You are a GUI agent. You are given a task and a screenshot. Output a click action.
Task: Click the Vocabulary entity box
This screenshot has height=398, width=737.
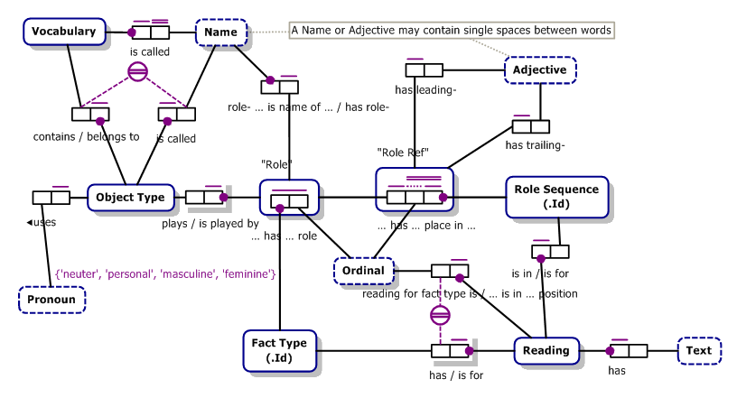tap(63, 32)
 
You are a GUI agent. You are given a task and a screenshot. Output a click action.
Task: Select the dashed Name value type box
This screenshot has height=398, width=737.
tap(220, 33)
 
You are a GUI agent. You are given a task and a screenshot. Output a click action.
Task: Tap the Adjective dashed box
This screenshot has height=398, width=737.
tap(539, 69)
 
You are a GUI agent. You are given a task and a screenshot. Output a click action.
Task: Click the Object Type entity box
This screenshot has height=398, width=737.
tap(130, 197)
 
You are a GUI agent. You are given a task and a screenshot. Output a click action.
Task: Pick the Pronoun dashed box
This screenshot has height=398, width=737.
tap(51, 299)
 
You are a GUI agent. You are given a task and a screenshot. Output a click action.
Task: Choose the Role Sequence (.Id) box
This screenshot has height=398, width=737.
tap(555, 196)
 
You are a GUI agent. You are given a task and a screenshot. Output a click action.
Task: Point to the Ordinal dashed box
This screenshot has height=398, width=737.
tap(364, 270)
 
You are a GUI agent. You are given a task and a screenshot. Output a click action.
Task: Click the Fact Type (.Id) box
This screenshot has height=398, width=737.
tap(279, 349)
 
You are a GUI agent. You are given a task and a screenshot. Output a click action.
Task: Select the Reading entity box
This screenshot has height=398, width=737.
tap(546, 350)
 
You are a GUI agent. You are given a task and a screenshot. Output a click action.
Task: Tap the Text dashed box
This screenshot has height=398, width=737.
tap(698, 350)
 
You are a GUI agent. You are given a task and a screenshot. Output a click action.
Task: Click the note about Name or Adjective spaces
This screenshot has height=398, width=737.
tap(452, 31)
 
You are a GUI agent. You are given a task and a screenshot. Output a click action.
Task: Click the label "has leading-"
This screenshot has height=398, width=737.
tap(425, 89)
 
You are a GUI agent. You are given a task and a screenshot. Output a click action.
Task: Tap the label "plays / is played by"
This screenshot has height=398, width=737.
tap(210, 223)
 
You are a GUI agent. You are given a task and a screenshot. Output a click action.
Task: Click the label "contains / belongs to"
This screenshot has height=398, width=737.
tap(86, 137)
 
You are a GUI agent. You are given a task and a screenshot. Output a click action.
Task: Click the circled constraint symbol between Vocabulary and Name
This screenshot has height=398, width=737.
tap(137, 72)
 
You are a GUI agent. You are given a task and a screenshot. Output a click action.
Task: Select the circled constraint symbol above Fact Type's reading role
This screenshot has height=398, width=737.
tap(440, 315)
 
